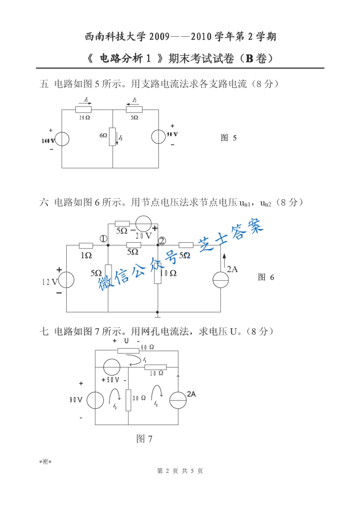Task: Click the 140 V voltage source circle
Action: [x=61, y=139]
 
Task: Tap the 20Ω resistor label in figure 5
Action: [x=84, y=117]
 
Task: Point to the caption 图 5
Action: [x=228, y=138]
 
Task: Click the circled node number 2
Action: [x=162, y=240]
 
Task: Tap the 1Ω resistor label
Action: [x=86, y=255]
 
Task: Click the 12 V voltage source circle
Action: [x=66, y=279]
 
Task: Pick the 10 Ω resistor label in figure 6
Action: [x=168, y=273]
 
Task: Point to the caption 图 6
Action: [x=266, y=277]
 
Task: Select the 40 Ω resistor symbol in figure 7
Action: [x=128, y=350]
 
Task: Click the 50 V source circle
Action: [x=111, y=366]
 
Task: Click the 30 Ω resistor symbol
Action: [x=128, y=400]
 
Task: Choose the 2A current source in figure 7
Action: [x=178, y=400]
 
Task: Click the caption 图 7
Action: [x=144, y=439]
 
